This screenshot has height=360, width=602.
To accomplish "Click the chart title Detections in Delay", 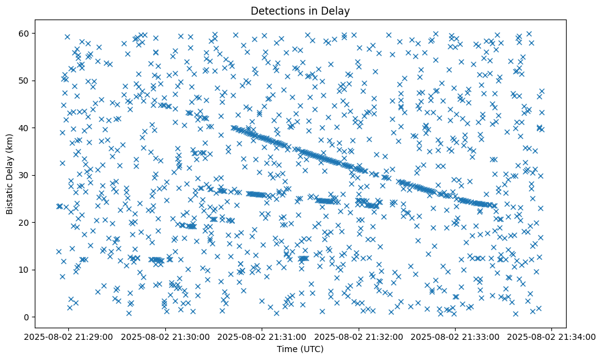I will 301,10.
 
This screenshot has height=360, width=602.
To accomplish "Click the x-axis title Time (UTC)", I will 301,349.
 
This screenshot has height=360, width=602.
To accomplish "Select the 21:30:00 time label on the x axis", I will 166,336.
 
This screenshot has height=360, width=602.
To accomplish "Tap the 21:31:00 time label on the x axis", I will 263,336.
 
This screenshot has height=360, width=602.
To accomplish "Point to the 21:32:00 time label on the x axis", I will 359,336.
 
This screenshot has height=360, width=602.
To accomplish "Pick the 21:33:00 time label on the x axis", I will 456,336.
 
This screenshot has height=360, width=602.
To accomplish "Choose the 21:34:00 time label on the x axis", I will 553,336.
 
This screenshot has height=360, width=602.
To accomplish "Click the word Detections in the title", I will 273,10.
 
